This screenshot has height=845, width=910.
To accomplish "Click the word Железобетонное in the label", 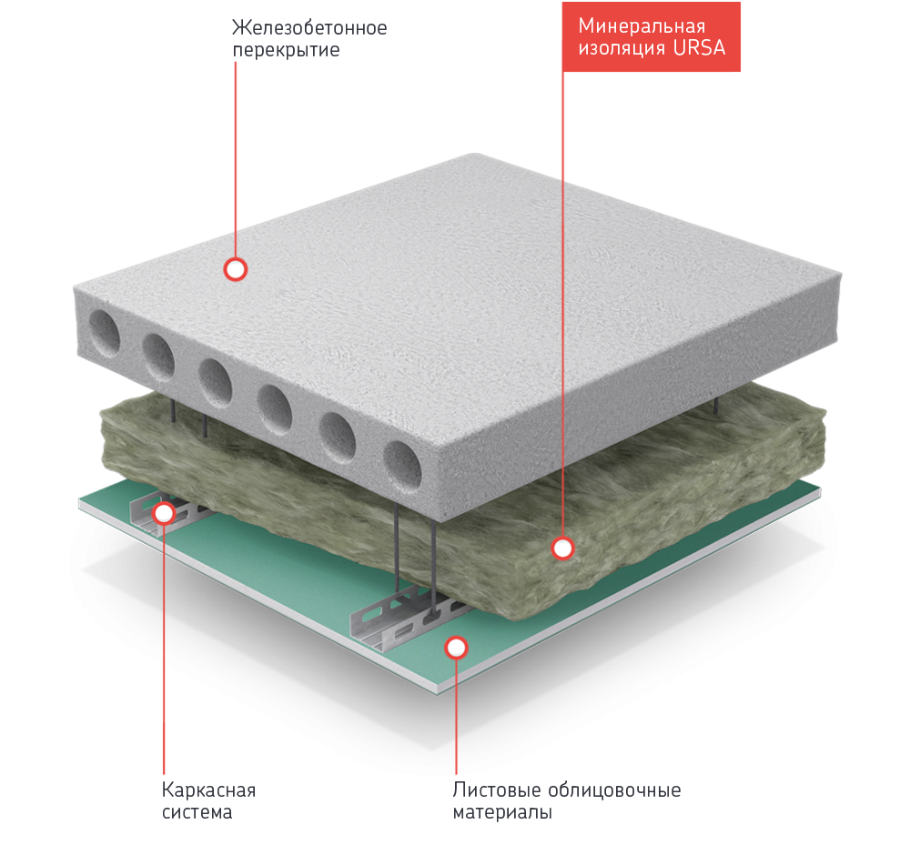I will pos(310,28).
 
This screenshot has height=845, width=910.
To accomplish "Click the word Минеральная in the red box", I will pos(642,25).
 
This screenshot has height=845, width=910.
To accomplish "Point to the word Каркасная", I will pos(208,789).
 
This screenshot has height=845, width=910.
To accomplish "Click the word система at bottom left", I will pos(197,811).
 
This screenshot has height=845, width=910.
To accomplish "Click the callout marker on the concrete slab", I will pos(236,268).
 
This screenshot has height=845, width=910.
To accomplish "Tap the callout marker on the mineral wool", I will pos(563,548).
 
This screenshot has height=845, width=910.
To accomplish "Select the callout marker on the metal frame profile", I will pos(164,513).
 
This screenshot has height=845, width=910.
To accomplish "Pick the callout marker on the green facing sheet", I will pos(456,647).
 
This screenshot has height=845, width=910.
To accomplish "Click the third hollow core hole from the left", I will pos(215,381).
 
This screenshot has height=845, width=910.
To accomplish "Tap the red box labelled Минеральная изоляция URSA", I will pos(652,36).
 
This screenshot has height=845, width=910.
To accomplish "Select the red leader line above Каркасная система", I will pos(164,655).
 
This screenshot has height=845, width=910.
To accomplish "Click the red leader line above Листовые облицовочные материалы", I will pos(456,719).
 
